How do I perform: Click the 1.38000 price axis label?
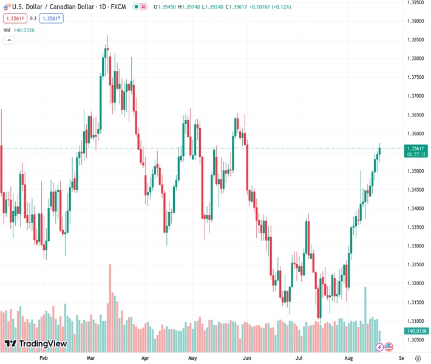point(415,58)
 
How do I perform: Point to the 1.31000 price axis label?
point(415,320)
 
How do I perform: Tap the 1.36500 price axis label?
point(415,115)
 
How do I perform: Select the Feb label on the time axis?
point(43,358)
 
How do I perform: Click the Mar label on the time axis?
point(91,358)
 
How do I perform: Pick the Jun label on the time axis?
point(246,358)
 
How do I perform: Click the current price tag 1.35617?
point(415,148)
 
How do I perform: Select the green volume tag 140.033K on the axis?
point(416,331)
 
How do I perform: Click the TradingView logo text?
point(42,344)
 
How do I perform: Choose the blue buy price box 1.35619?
point(51,18)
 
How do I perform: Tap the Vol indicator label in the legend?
point(7,30)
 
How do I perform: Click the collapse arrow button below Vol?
point(9,40)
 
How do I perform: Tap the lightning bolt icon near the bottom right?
point(379,347)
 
